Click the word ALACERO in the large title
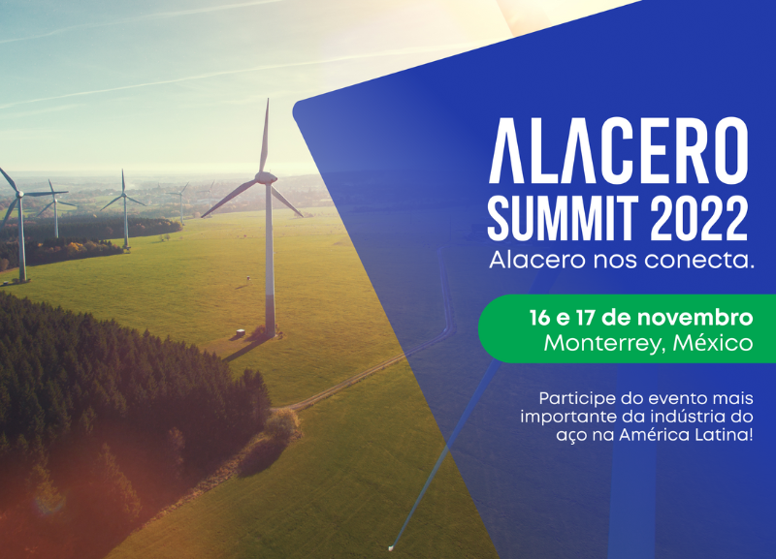[x=618, y=151]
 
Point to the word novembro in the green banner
[x=695, y=318]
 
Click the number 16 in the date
[x=539, y=318]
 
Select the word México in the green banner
[x=713, y=342]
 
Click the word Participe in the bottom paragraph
[x=570, y=399]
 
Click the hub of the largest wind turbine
[x=266, y=178]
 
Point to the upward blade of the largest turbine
[x=265, y=136]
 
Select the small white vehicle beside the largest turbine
[x=241, y=332]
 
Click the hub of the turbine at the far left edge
[x=20, y=194]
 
